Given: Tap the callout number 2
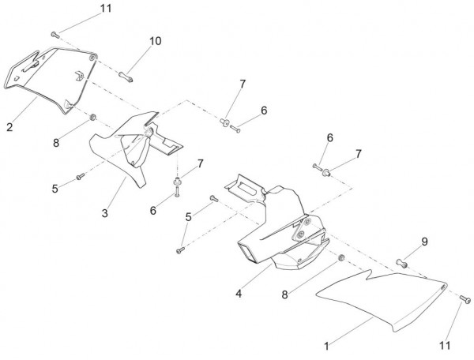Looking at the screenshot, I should [9, 126].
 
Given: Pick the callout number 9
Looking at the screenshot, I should [424, 242].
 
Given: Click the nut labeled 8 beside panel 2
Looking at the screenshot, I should [92, 118].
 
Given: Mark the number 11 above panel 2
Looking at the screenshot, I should [106, 9].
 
